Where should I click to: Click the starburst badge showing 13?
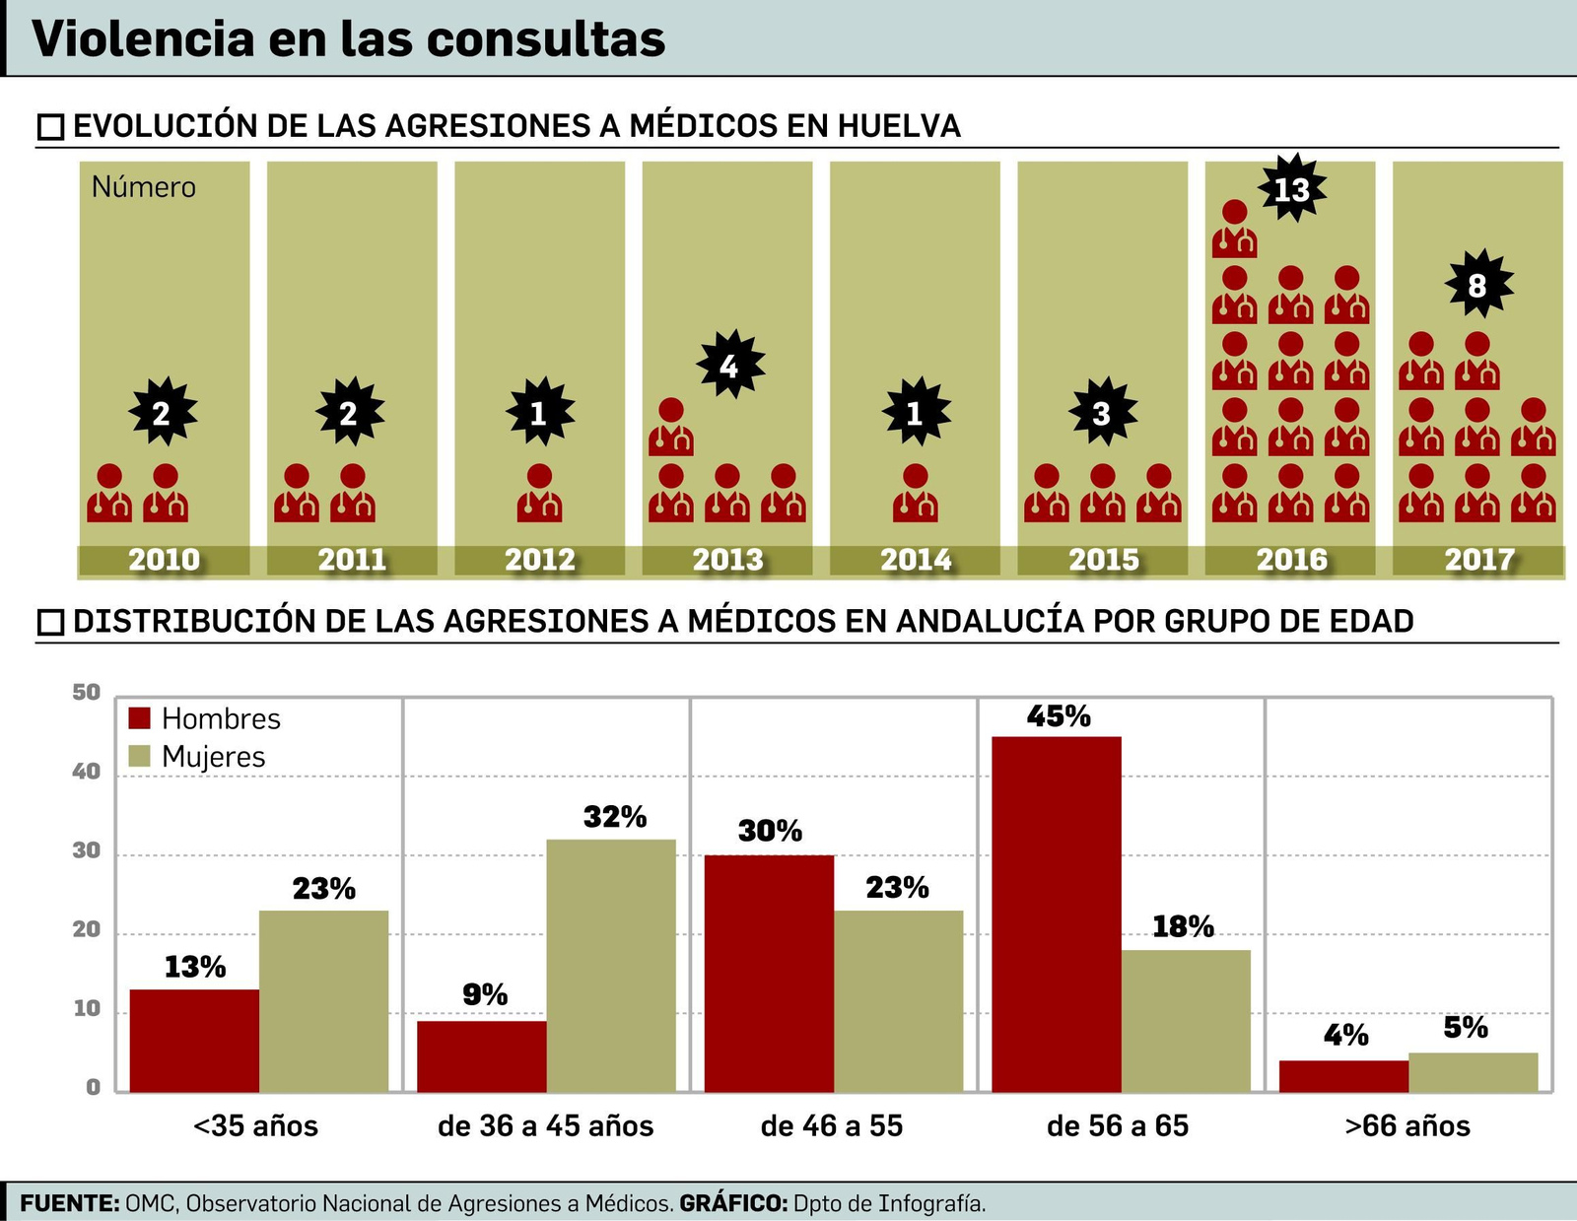tap(1291, 187)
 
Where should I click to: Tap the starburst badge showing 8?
tap(1477, 285)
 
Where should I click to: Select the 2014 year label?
tap(916, 560)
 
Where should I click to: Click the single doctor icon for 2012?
tap(539, 493)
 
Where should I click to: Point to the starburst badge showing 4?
tap(729, 366)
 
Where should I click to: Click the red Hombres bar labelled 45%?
tap(1056, 914)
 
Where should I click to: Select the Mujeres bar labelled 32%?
tap(611, 965)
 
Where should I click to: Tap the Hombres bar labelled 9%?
tap(482, 1055)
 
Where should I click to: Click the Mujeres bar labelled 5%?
tap(1473, 1072)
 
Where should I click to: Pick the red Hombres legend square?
tap(139, 718)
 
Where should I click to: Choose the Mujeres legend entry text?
tap(214, 757)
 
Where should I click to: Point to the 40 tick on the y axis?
tap(87, 772)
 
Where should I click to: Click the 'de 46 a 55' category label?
tap(831, 1125)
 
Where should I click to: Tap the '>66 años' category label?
tap(1406, 1125)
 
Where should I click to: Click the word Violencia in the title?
tap(143, 39)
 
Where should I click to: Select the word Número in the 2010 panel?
tap(144, 187)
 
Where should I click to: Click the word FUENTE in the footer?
tap(69, 1203)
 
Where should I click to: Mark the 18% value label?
tap(1183, 926)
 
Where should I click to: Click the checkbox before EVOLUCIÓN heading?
tap(50, 127)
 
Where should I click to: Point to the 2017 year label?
tap(1478, 560)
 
